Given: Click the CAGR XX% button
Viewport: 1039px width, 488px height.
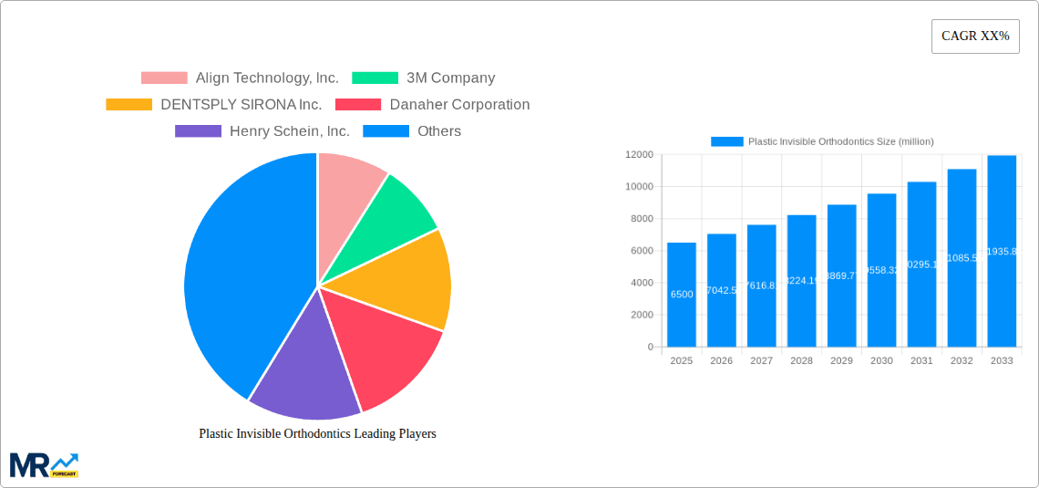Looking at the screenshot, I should coord(974,36).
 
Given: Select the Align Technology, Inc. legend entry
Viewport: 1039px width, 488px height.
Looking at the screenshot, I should coord(241,78).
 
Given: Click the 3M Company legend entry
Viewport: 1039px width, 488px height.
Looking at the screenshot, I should coord(424,78).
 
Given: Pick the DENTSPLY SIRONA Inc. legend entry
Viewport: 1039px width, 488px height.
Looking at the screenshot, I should coord(214,105).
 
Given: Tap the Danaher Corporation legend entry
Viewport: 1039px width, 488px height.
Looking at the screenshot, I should coord(433,105).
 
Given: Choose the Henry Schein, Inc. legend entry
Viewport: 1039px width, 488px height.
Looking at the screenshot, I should coord(262,131).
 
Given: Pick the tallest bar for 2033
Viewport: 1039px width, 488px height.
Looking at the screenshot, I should coord(1002,251).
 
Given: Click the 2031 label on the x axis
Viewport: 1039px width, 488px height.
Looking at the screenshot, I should coord(921,361).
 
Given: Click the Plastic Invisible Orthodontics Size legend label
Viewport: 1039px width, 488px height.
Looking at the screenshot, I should coord(839,141).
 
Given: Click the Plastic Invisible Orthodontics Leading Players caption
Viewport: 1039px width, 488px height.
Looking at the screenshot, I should coord(317,434).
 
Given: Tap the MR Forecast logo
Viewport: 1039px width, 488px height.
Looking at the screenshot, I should coord(44,464).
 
